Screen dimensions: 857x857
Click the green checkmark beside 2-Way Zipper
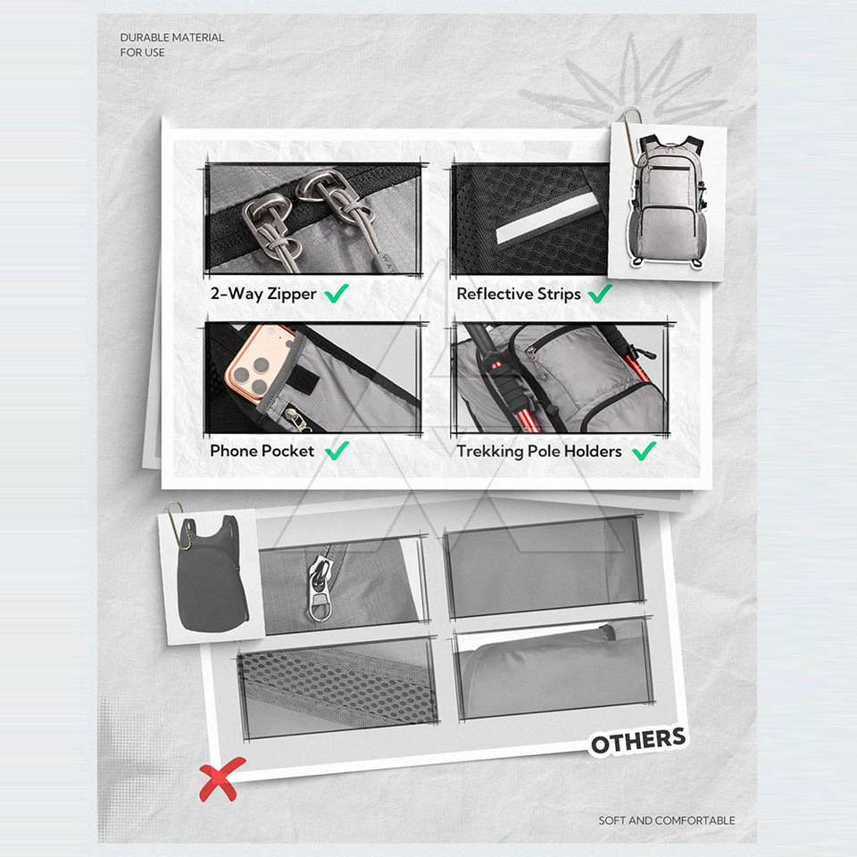(x=337, y=294)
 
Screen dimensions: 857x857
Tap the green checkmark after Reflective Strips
(x=600, y=294)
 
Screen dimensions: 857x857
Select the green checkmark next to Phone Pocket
(x=337, y=451)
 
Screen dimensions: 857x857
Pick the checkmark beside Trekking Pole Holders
(x=644, y=451)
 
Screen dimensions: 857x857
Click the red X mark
(x=221, y=778)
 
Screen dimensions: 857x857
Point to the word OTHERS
(x=638, y=741)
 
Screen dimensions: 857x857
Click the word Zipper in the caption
(x=291, y=294)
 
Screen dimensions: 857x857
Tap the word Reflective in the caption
(x=495, y=294)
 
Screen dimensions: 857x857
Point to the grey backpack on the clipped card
(x=666, y=203)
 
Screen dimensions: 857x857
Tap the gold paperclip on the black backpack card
(x=179, y=525)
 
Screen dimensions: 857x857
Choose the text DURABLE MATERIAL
(x=172, y=37)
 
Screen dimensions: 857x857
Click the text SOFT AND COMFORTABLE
(x=667, y=820)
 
